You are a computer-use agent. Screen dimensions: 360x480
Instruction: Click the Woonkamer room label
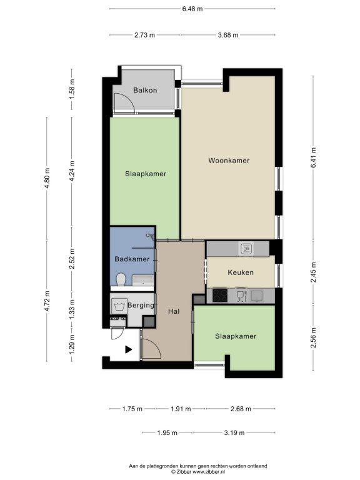click(229, 161)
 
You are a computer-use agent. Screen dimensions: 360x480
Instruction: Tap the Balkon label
click(145, 90)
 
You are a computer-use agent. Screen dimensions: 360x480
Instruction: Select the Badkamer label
click(132, 259)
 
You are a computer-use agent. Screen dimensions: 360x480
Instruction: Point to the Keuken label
click(241, 272)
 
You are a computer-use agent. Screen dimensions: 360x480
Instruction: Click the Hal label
click(174, 311)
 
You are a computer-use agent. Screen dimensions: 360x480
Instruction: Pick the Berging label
click(141, 305)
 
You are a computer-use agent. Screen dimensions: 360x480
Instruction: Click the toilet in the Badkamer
click(121, 279)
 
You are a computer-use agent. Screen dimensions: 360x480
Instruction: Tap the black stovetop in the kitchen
click(220, 296)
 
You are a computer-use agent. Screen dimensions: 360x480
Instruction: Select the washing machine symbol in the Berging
click(119, 306)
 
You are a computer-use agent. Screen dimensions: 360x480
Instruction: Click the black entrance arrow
click(128, 349)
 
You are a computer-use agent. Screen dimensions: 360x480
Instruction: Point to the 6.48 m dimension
click(192, 9)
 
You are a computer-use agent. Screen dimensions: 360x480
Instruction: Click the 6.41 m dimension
click(313, 157)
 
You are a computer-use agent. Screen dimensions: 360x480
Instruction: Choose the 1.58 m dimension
click(72, 89)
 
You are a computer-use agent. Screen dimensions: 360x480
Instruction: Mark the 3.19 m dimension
click(234, 433)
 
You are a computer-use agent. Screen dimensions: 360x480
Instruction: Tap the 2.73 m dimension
click(144, 35)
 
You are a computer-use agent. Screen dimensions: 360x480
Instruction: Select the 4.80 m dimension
click(47, 178)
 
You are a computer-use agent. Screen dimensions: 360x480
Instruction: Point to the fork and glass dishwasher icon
click(242, 296)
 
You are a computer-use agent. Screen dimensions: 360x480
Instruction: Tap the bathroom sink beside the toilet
click(143, 280)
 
